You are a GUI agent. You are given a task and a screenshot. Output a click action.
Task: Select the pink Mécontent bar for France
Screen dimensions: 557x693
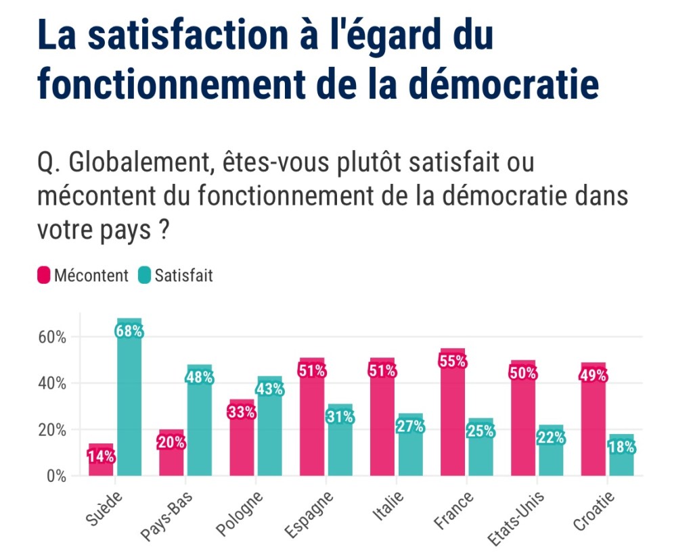click(453, 419)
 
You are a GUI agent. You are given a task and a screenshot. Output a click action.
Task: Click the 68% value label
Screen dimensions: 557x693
click(129, 331)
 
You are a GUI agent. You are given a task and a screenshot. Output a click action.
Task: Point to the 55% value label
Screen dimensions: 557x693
click(453, 361)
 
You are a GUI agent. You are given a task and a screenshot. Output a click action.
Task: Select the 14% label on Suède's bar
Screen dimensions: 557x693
click(101, 456)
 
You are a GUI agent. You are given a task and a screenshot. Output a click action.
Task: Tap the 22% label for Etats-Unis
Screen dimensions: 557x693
click(551, 438)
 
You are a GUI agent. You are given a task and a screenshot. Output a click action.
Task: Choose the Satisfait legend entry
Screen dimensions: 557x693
click(175, 276)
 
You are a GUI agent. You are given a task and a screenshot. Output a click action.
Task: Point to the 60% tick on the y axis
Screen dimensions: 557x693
click(51, 337)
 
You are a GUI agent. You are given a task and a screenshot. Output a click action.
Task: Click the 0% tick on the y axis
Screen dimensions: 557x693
click(57, 476)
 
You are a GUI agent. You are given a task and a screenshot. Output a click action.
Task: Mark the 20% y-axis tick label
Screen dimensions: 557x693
click(51, 430)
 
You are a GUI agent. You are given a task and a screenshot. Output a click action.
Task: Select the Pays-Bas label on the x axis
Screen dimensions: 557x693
click(168, 516)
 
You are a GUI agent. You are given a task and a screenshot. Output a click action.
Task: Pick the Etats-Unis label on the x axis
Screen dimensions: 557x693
click(516, 517)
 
